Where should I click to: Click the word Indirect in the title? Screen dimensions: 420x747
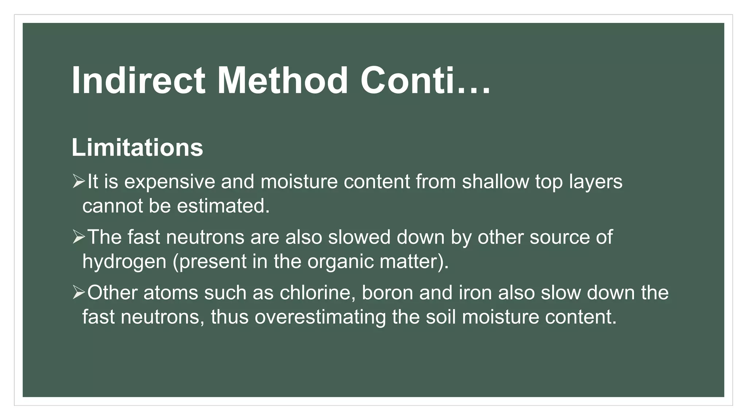click(x=138, y=81)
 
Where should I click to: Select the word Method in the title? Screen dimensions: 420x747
click(x=282, y=81)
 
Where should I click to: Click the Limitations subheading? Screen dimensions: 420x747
click(x=137, y=148)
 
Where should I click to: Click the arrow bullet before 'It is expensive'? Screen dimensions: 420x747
click(x=78, y=181)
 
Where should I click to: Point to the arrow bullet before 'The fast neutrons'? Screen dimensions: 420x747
click(x=78, y=237)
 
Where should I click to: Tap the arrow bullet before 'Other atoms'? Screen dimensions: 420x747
click(x=78, y=292)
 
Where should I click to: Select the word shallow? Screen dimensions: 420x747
click(x=495, y=182)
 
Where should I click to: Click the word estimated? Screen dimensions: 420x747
click(x=223, y=206)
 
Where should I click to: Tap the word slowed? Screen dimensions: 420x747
click(x=359, y=237)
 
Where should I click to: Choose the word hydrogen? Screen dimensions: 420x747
click(x=124, y=262)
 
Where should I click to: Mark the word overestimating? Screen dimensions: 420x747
click(x=320, y=317)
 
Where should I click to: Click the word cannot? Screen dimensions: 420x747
click(x=112, y=206)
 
